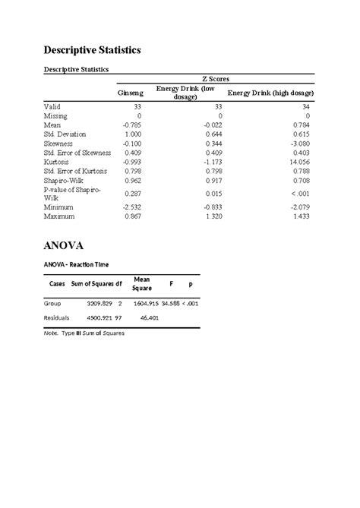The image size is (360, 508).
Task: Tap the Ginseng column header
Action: pos(129,93)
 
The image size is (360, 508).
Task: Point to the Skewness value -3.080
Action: pos(302,142)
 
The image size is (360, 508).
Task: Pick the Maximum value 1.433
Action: pos(302,216)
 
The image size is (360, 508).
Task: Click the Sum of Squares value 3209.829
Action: pos(97,303)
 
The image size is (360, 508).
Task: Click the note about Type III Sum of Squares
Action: pos(84,333)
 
